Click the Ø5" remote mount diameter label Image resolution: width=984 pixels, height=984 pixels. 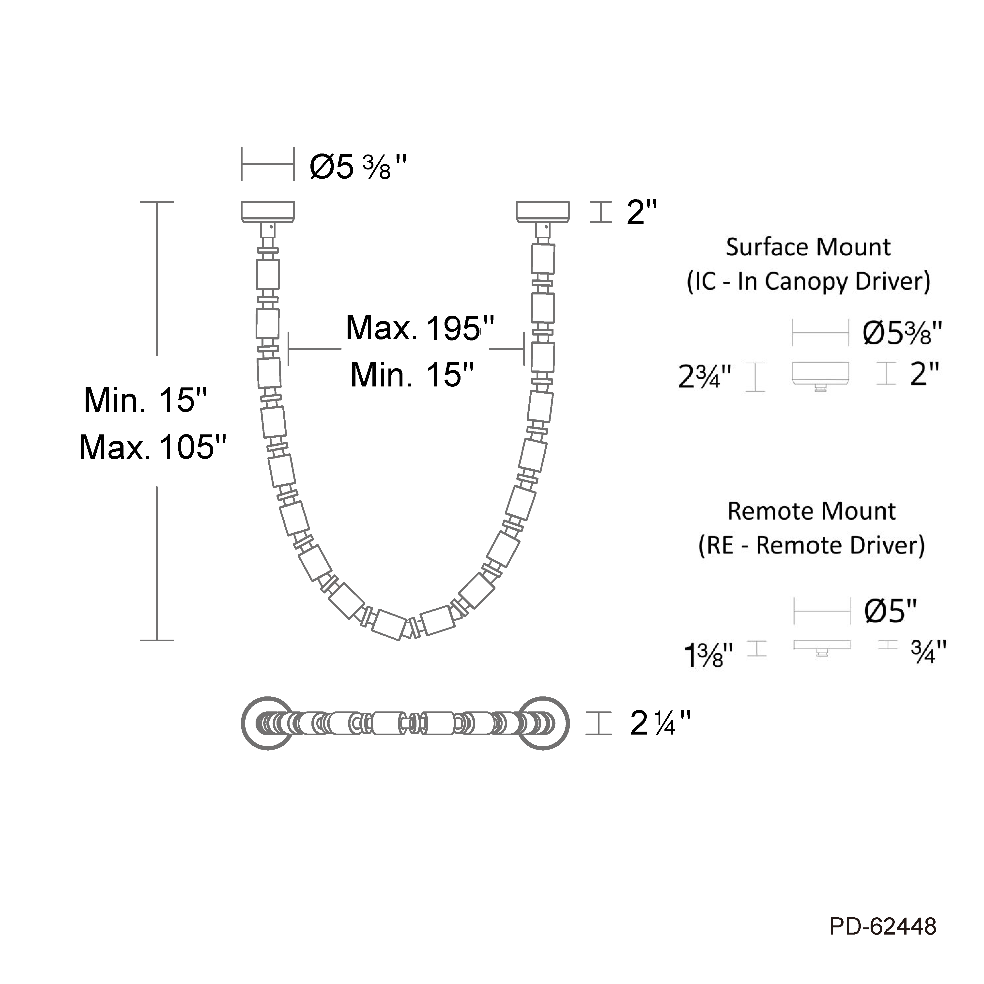(891, 611)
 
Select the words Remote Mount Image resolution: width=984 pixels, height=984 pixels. (811, 511)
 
